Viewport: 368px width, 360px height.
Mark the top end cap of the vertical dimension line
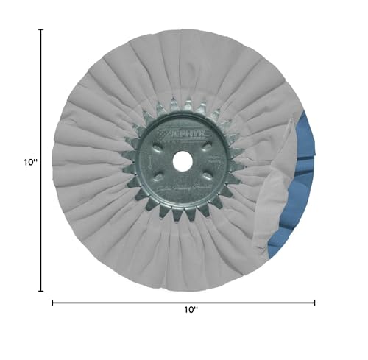point(41,30)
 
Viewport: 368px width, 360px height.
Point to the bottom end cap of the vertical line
point(41,292)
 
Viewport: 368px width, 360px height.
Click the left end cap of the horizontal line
point(52,302)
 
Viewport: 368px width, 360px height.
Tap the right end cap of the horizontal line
point(314,302)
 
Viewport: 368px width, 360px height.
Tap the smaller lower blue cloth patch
point(279,240)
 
